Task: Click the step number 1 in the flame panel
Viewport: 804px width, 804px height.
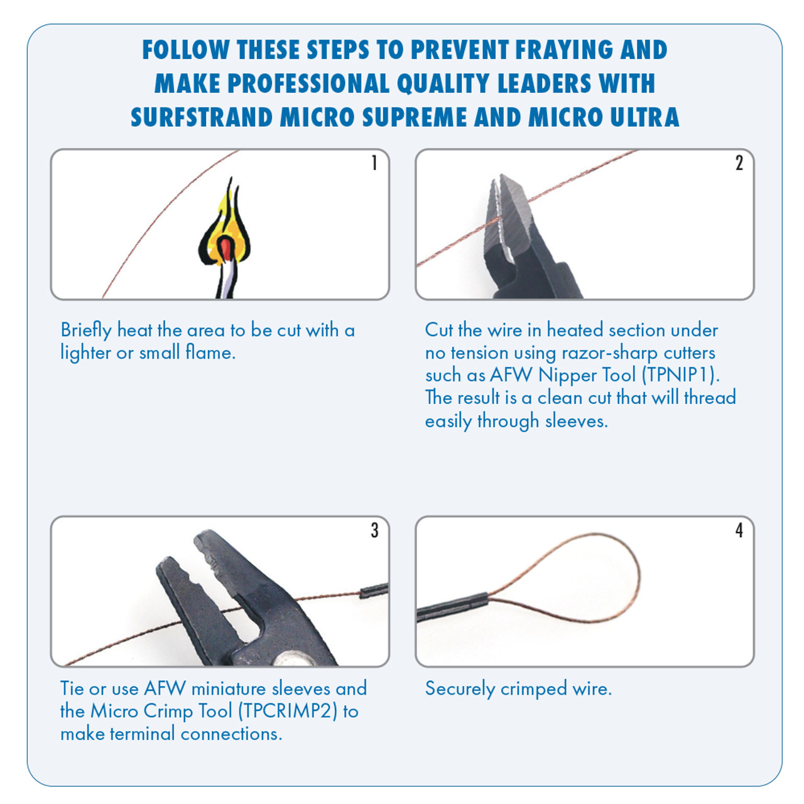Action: (x=374, y=163)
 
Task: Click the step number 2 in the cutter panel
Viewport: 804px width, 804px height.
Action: (x=739, y=163)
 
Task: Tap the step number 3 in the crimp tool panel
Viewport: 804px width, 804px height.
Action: (x=374, y=530)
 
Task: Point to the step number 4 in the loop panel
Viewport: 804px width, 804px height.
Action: (x=739, y=530)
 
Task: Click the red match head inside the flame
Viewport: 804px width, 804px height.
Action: (x=225, y=249)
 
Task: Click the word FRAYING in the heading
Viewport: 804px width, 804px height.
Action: (x=564, y=50)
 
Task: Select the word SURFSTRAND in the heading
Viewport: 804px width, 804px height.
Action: (x=202, y=117)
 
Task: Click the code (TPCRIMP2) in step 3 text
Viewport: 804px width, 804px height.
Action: (x=288, y=711)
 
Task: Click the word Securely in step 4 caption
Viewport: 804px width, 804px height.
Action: (x=460, y=689)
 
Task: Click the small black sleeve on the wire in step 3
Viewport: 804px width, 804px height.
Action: (x=374, y=590)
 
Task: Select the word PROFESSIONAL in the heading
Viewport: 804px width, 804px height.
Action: (x=308, y=84)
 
